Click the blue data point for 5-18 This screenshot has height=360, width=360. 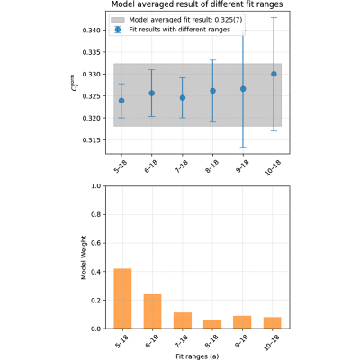[121, 101]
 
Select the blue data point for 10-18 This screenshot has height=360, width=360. [274, 74]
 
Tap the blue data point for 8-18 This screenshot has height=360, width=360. [212, 91]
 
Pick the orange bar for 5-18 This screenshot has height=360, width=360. [122, 299]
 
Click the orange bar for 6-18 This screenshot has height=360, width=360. [152, 311]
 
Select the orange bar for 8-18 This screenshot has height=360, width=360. [212, 324]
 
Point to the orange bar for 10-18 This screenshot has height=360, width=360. [273, 323]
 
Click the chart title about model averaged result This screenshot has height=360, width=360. [197, 4]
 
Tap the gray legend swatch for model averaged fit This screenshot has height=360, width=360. [118, 20]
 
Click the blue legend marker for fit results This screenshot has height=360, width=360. [118, 30]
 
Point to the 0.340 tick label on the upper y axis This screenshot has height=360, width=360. [92, 31]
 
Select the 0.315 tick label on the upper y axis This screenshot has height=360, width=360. [92, 140]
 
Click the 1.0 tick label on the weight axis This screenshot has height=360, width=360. [96, 186]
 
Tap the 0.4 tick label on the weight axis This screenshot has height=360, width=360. [96, 272]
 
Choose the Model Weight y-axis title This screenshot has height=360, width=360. [84, 257]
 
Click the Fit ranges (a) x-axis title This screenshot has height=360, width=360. [197, 356]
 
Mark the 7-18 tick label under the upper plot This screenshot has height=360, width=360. [180, 166]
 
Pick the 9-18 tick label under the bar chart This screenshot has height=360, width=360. [240, 342]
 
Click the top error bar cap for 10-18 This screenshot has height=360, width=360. [274, 18]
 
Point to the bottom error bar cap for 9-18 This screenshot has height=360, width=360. [243, 147]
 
